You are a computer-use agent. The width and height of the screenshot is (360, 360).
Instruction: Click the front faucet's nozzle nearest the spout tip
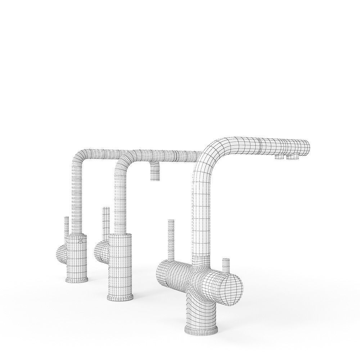291,157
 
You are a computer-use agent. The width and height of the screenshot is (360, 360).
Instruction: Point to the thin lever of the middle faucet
106,221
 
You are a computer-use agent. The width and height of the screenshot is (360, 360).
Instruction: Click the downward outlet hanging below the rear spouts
155,172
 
